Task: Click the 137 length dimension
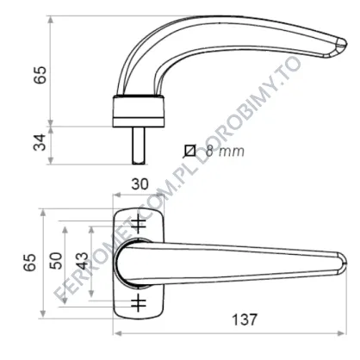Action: (245, 320)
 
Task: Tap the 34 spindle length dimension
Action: (40, 142)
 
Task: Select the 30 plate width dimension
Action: (140, 184)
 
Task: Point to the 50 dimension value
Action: (56, 261)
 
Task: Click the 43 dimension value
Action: (83, 261)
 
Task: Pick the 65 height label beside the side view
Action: (40, 75)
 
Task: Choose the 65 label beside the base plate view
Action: (30, 263)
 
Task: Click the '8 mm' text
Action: (225, 151)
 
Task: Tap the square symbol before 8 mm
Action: (189, 151)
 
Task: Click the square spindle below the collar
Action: (139, 146)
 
